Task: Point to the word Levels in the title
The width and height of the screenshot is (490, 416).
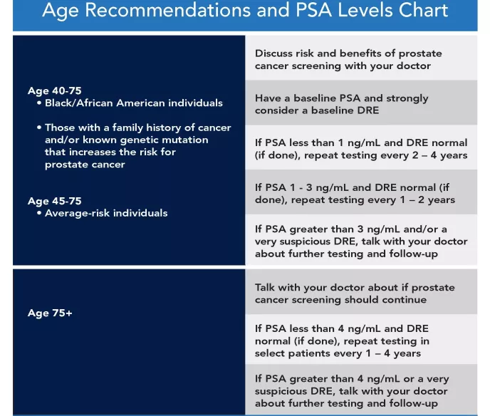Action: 352,11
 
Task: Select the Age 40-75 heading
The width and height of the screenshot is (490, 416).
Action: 53,90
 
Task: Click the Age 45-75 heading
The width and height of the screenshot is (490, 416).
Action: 53,201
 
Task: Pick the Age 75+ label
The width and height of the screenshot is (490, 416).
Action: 50,313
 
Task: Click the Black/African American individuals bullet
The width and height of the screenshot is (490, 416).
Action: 133,103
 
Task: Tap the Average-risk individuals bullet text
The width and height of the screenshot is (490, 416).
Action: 106,213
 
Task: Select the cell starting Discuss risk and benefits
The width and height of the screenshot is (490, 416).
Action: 360,59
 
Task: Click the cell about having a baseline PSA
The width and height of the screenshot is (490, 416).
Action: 360,104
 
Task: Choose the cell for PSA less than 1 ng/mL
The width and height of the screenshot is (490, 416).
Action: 360,149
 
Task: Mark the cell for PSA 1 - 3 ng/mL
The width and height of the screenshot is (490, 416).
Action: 360,193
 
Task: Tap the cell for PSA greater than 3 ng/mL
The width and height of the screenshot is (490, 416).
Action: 360,241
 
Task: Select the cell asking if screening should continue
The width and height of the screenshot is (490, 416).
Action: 360,293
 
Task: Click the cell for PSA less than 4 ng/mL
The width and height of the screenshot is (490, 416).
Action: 360,340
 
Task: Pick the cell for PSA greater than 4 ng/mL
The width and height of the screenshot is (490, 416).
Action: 360,391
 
